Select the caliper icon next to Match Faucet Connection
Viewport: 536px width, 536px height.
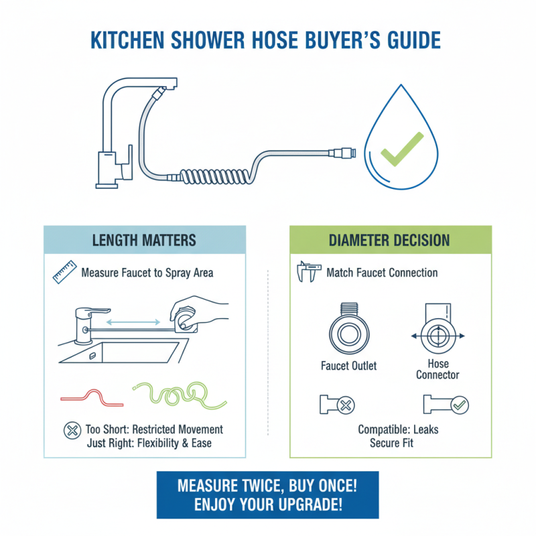click(x=307, y=273)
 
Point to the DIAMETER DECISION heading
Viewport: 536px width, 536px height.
click(x=391, y=240)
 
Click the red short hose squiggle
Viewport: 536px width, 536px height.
click(x=92, y=395)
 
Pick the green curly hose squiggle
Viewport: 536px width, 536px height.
click(x=171, y=394)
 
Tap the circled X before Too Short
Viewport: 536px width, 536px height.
click(x=70, y=430)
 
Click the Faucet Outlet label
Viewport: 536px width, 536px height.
click(x=349, y=366)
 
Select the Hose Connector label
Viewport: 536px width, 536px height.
click(x=438, y=370)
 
